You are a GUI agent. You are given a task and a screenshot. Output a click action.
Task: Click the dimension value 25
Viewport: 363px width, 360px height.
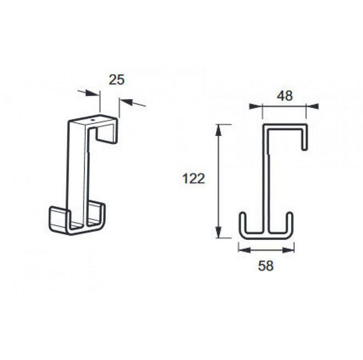pos(116,80)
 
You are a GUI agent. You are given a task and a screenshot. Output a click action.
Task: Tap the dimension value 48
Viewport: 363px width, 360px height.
pos(285,96)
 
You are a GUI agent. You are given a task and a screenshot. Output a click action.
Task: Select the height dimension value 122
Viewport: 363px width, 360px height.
pos(194,179)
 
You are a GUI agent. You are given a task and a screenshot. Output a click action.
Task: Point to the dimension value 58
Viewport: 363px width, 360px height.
pos(266,266)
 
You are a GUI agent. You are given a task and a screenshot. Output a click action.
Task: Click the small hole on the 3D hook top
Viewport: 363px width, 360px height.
pos(93,120)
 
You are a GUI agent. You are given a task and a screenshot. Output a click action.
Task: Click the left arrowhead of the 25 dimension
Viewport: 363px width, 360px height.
pos(92,94)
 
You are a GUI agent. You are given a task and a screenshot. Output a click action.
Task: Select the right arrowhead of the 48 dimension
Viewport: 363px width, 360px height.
pos(312,106)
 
